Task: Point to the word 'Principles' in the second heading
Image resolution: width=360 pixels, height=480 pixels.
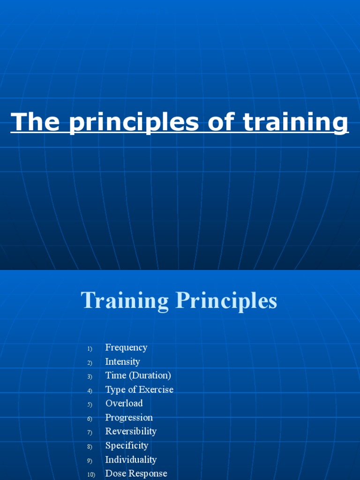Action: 226,301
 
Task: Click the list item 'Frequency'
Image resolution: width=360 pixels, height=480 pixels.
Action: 126,348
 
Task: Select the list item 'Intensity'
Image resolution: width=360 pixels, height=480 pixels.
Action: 122,361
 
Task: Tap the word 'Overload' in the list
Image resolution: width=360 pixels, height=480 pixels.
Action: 124,403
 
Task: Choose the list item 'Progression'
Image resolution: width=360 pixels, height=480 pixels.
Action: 129,417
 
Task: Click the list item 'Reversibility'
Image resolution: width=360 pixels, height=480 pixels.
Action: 131,431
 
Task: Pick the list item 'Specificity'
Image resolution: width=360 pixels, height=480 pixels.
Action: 127,445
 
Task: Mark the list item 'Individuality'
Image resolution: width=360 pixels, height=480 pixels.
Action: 131,459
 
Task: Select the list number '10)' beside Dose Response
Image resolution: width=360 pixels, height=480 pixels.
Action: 91,475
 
